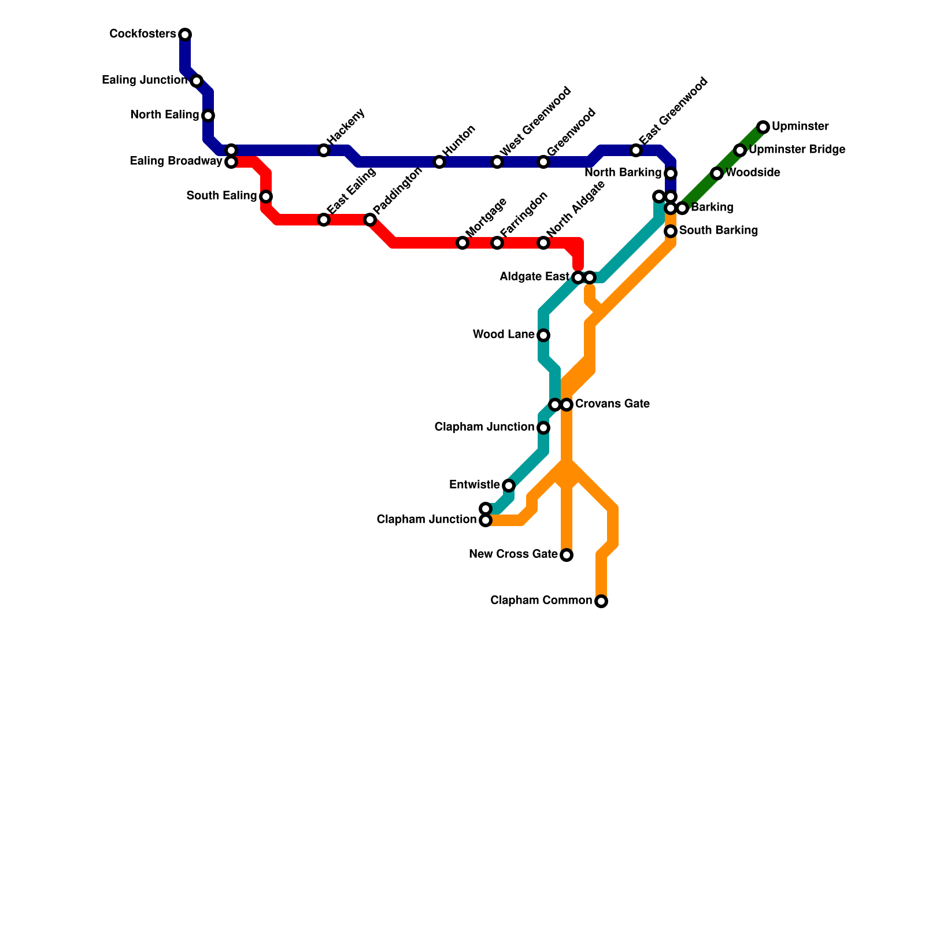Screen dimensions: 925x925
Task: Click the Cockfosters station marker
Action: (x=185, y=35)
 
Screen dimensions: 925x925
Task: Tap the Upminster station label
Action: (x=800, y=127)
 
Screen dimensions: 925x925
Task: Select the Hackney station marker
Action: (x=324, y=150)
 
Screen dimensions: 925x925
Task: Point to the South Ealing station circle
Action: (x=266, y=197)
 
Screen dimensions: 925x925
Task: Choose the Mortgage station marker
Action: (x=462, y=243)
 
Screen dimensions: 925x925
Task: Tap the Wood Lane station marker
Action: (x=543, y=335)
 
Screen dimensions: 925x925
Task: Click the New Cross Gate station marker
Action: (x=567, y=555)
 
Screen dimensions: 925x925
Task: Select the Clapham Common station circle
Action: (x=601, y=601)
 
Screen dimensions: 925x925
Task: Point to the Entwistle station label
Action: (x=474, y=485)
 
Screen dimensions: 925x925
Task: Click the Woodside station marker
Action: (x=717, y=173)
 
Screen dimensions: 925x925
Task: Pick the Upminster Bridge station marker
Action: (x=740, y=150)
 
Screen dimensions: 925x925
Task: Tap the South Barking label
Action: (x=718, y=231)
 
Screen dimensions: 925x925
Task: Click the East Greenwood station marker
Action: (x=636, y=150)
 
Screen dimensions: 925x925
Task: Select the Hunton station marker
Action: (x=439, y=162)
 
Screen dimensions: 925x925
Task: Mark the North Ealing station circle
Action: (x=208, y=116)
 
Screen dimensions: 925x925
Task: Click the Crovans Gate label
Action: (x=612, y=404)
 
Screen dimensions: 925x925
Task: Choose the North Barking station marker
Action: (x=671, y=173)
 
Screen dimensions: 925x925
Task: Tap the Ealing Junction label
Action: (x=145, y=80)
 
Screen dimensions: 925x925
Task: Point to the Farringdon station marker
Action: (x=497, y=243)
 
